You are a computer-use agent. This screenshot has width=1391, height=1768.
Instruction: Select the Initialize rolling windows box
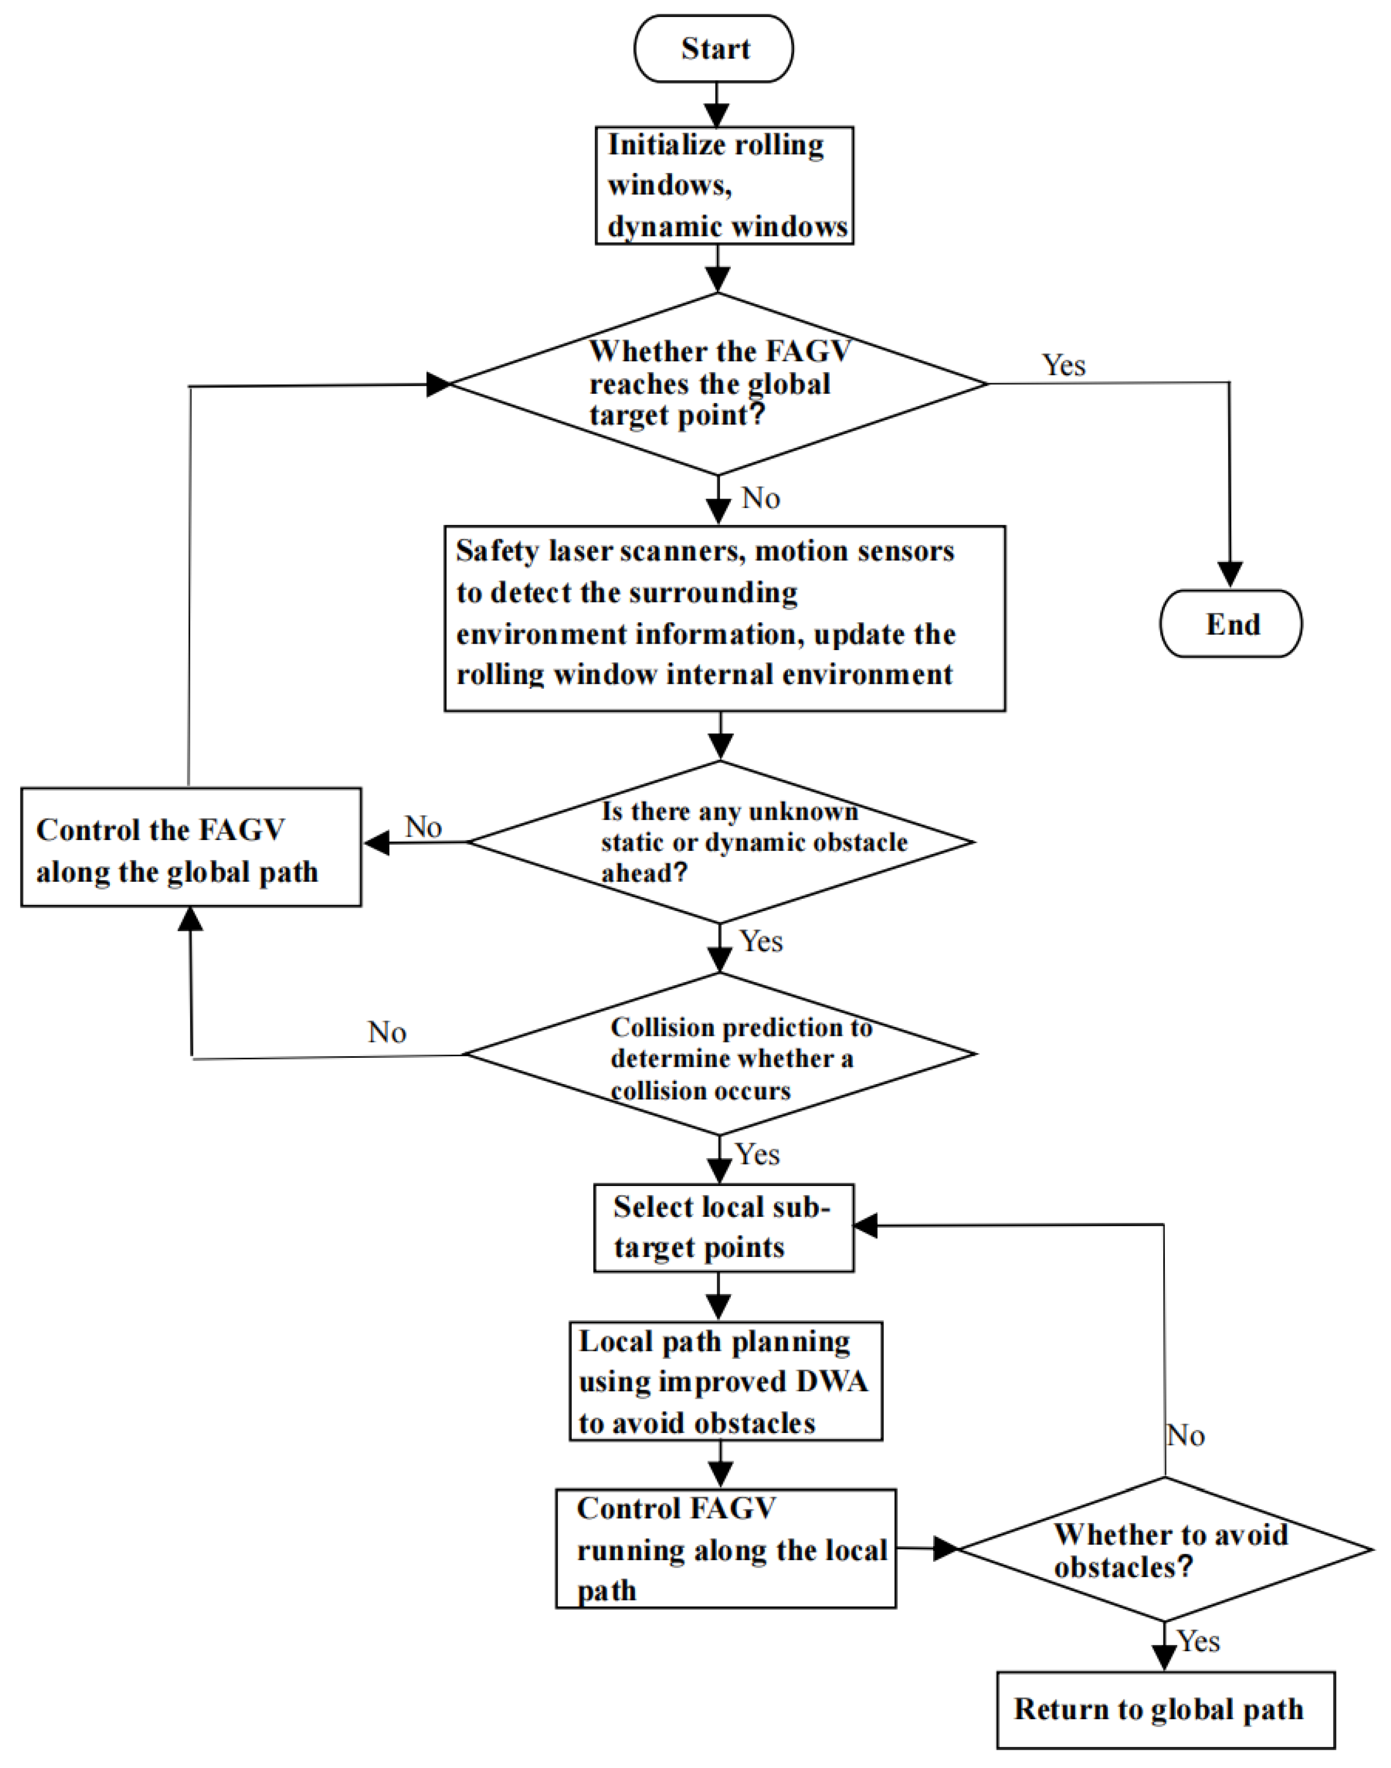tap(724, 186)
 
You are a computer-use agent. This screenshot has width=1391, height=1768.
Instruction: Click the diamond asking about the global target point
tap(718, 384)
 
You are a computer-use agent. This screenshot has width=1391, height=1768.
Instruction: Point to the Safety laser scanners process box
tap(724, 618)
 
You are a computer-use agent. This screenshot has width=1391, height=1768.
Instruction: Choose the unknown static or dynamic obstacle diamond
tap(721, 842)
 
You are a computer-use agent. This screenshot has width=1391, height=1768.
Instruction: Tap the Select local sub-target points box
tap(723, 1228)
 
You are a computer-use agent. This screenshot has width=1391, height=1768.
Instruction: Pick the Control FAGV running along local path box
tap(726, 1549)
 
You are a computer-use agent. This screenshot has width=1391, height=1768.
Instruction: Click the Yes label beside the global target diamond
tap(1063, 366)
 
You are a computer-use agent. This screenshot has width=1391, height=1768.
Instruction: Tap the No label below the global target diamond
tap(761, 499)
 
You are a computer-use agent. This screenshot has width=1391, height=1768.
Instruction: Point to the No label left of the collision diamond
tap(387, 1033)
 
